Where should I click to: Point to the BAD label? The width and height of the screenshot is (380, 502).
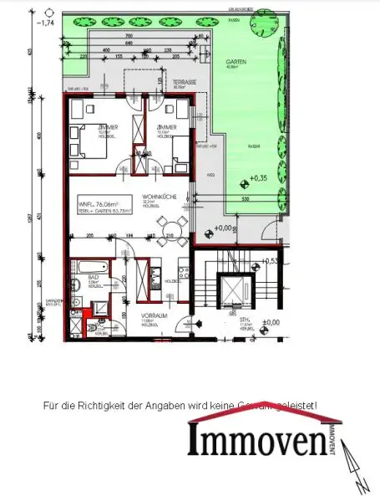tap(94, 277)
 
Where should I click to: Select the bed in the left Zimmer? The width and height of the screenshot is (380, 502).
tap(86, 140)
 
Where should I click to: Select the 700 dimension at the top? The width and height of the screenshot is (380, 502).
tap(128, 37)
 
